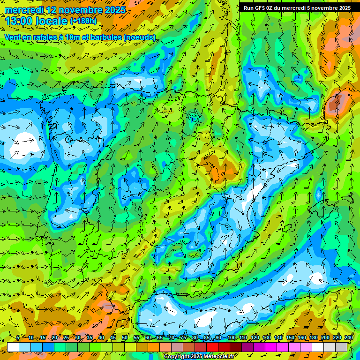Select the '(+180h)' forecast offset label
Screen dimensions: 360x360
[x=83, y=21]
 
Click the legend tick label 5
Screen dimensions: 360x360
[x=18, y=338]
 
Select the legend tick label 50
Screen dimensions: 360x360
[x=125, y=338]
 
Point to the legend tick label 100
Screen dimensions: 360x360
[x=231, y=338]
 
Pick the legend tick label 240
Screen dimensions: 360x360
[x=349, y=338]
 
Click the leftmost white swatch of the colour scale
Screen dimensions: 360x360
[x=13, y=347]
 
